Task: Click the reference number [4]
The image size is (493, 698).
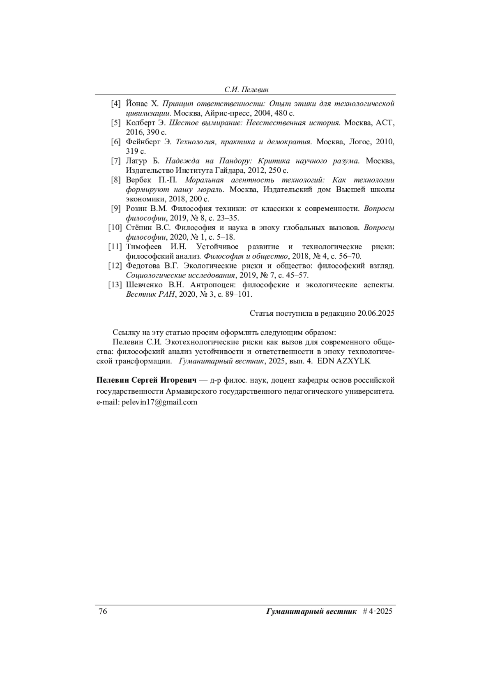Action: [116, 103]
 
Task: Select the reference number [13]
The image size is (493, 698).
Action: [115, 285]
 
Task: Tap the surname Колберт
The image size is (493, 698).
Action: [141, 122]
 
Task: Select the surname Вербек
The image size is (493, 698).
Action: [140, 180]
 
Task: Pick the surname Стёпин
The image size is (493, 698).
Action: [140, 228]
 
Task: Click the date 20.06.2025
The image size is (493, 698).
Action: [376, 313]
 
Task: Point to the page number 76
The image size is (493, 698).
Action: [103, 611]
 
